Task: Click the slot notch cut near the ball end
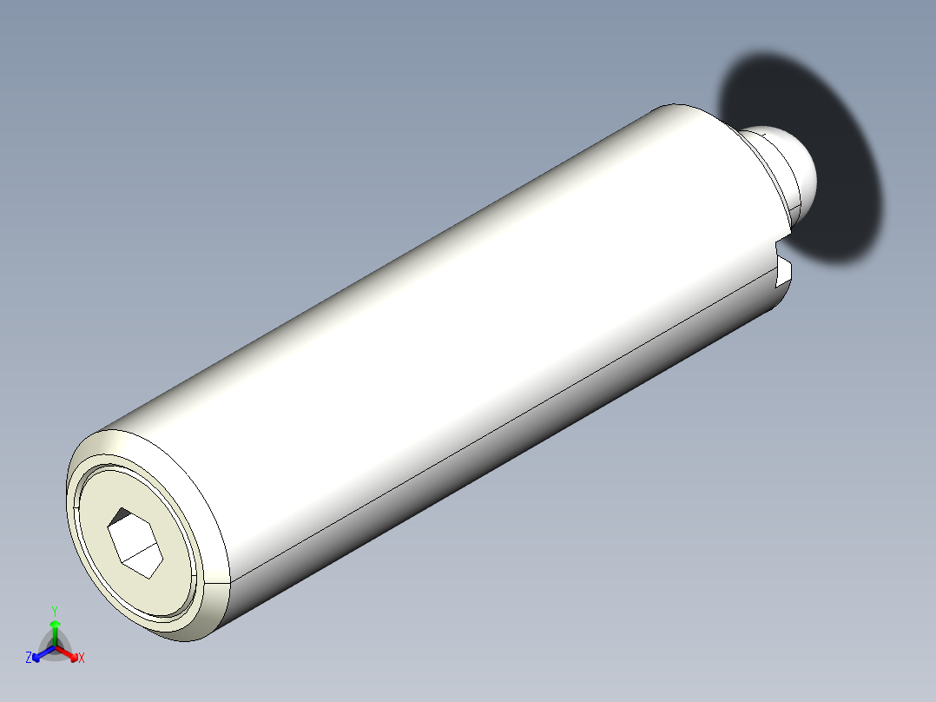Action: [x=784, y=270]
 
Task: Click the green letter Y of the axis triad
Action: [x=55, y=610]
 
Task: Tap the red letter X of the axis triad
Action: [x=82, y=658]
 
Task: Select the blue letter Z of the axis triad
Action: [x=30, y=658]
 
